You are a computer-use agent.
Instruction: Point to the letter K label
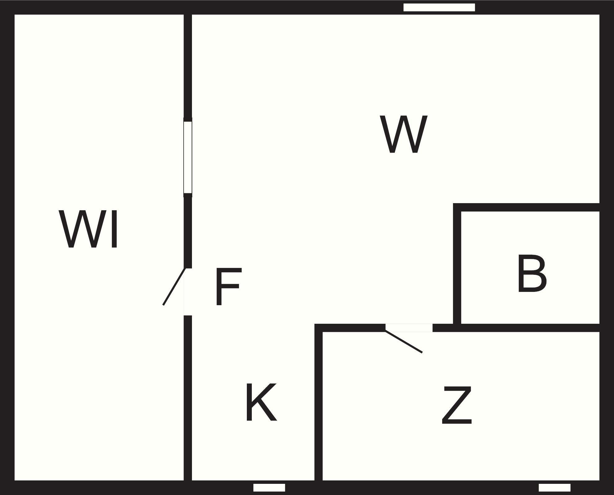(261, 402)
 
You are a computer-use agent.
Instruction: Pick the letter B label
(532, 274)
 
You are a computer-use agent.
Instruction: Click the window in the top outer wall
(439, 7)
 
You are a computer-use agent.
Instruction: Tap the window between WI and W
(188, 157)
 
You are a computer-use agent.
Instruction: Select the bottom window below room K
(269, 488)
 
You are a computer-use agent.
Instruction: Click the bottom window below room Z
(554, 488)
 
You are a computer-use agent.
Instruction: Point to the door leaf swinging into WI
(174, 287)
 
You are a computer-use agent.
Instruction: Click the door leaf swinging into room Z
(404, 342)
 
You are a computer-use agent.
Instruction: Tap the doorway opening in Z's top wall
(409, 328)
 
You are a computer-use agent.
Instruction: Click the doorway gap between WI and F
(188, 292)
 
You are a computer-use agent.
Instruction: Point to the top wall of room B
(527, 207)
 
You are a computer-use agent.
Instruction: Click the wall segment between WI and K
(188, 400)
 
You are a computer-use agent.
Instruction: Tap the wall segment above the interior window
(188, 65)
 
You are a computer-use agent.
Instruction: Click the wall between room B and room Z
(527, 328)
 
